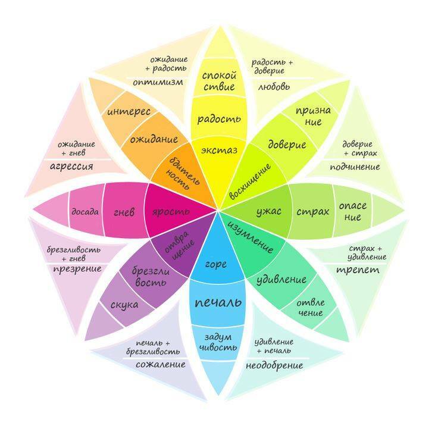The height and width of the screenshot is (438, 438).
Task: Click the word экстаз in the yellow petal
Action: coord(219,151)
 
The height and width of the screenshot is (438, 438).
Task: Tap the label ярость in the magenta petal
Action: coord(171,212)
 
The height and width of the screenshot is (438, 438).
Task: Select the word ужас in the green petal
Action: coord(268,212)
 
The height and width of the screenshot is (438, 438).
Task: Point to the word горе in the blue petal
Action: coord(216,264)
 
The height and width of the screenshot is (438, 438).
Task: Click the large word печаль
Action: coord(218,302)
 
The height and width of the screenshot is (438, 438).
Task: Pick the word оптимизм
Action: coord(158,82)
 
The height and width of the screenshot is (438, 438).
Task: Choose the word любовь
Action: coord(274,87)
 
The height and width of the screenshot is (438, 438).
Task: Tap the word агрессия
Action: coord(71,167)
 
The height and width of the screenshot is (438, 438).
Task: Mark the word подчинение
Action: coord(355,167)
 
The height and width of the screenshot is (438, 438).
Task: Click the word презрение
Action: coord(77,269)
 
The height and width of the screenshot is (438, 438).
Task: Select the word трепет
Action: coord(358,270)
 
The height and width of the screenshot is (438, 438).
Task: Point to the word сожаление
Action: coord(161,364)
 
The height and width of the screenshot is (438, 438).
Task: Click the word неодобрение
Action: coord(274,365)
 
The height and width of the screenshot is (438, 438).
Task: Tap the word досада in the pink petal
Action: coord(85,211)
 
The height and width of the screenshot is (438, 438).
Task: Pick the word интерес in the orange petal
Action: coord(129,112)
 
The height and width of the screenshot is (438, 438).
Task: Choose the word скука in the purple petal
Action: coord(124,305)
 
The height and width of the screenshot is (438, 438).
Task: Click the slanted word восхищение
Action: coord(250,182)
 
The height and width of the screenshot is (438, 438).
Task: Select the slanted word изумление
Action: coord(250,237)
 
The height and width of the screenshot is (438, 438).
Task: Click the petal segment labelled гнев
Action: coord(124,211)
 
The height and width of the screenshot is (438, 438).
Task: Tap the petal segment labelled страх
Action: coord(313,211)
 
